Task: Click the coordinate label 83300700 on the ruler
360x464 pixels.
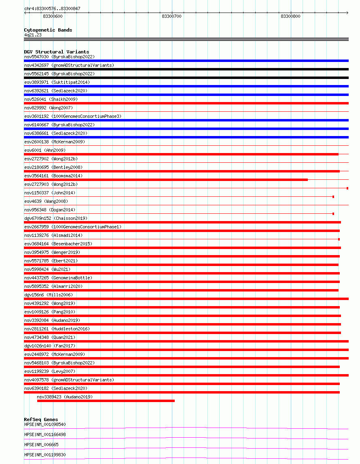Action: pos(172,16)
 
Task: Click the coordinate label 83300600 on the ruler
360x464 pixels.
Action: pos(53,16)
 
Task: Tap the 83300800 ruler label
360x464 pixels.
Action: pos(290,16)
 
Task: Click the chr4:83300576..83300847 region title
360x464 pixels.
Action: pos(52,9)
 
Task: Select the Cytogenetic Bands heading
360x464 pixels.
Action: pos(48,30)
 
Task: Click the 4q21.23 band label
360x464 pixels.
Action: pos(33,35)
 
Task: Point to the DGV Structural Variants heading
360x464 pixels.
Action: pos(56,52)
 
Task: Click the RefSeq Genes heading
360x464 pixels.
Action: pos(41,419)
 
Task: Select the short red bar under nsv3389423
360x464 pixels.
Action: pos(106,401)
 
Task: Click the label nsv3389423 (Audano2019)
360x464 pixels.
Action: pos(65,397)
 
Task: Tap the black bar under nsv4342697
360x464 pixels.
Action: pos(186,69)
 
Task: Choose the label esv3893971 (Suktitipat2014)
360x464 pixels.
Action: pos(57,82)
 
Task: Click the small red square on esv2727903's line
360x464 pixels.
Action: pos(347,188)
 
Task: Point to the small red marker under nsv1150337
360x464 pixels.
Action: pos(333,197)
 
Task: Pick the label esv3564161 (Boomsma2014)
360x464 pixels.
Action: pos(53,176)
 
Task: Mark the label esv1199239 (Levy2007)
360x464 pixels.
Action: pos(50,371)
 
